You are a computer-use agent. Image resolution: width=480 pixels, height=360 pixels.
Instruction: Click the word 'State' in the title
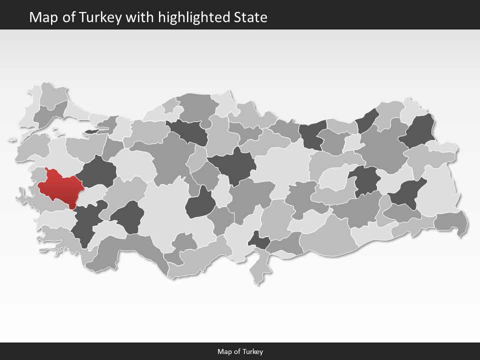click(250, 17)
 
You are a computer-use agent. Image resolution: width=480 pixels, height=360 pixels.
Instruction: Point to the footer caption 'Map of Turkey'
click(240, 351)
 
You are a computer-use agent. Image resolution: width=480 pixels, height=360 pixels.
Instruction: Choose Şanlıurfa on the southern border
click(327, 235)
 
